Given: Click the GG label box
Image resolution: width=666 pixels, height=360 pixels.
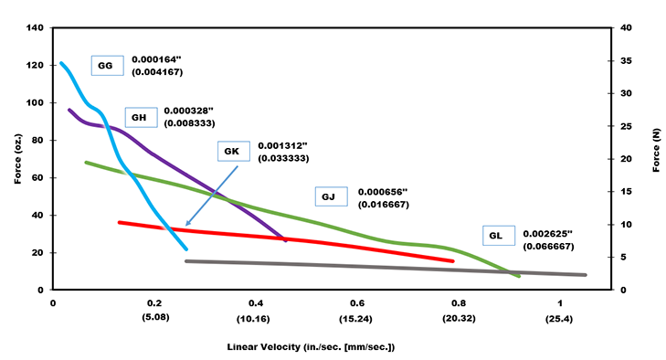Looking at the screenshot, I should tap(104, 66).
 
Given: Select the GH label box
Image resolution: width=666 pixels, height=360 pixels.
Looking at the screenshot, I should tap(139, 118).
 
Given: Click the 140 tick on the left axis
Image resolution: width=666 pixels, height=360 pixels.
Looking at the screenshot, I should tap(36, 28).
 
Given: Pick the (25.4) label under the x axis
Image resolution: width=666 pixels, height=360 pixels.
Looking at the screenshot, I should tap(560, 321).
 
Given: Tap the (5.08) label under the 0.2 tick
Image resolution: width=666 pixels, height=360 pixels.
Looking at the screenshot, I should tap(154, 321).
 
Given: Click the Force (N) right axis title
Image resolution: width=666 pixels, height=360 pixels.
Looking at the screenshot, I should tap(656, 157).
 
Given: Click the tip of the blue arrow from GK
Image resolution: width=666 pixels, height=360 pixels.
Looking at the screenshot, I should tap(186, 225).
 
